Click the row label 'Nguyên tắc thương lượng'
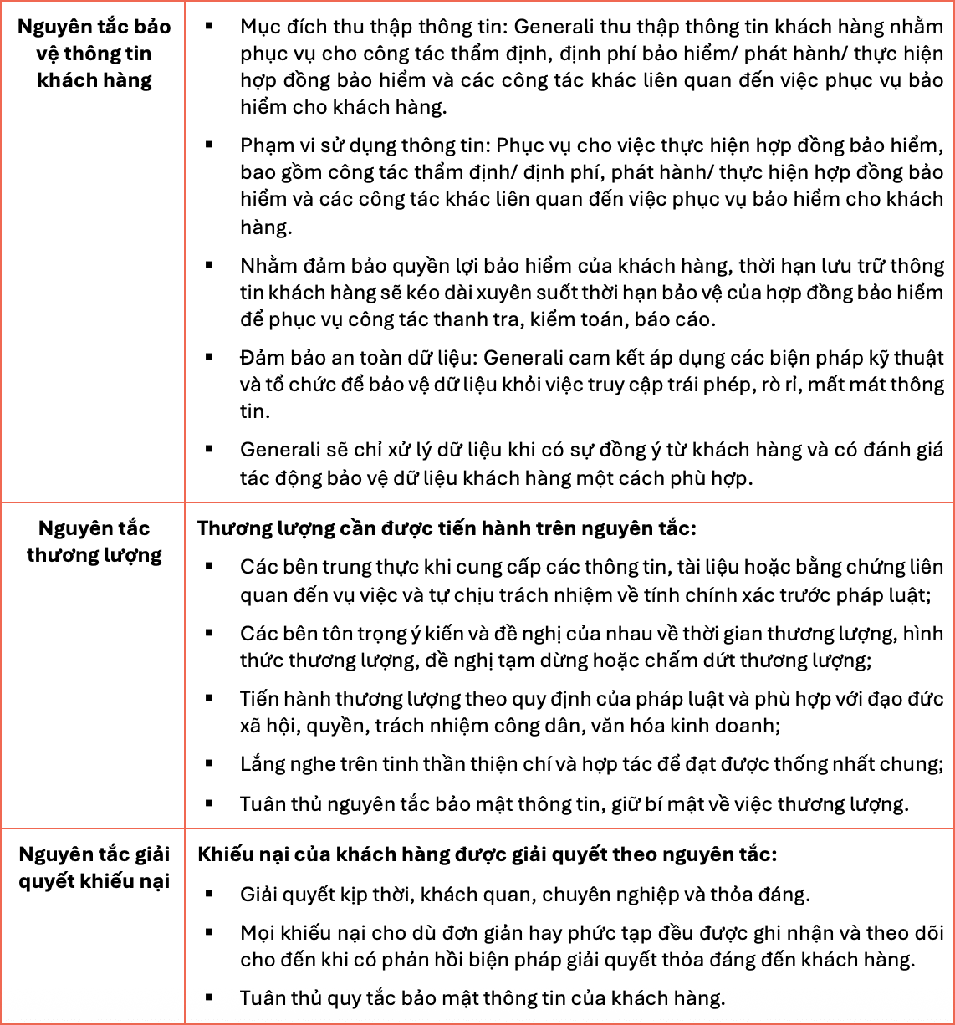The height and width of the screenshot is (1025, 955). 94,542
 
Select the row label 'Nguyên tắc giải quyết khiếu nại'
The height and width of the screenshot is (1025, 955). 94,868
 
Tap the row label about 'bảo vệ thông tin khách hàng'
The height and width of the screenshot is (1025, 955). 94,54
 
